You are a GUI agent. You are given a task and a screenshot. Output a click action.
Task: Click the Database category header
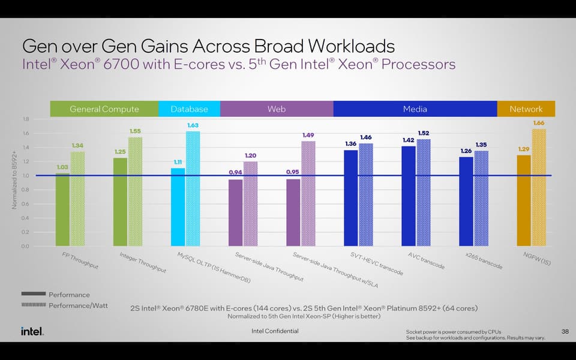tap(189, 109)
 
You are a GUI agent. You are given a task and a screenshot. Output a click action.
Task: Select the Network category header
tap(526, 109)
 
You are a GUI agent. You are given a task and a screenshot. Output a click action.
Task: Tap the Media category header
tap(415, 109)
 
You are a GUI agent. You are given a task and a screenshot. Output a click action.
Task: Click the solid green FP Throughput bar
tap(62, 209)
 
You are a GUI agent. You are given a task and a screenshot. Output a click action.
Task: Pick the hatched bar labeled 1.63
tap(193, 188)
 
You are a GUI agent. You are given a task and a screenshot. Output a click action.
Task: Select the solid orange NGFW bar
tap(524, 200)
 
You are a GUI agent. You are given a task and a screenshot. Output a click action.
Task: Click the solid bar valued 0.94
tap(236, 212)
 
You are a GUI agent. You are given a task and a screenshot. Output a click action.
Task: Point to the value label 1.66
tap(539, 123)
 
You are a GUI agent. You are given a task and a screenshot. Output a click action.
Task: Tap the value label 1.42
tap(409, 140)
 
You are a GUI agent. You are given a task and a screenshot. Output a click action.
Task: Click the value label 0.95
tap(293, 173)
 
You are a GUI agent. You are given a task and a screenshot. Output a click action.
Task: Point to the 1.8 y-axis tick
tap(26, 119)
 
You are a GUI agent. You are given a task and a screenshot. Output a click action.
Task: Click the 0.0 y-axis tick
tap(26, 246)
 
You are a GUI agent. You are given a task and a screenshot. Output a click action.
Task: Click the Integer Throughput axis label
tap(142, 263)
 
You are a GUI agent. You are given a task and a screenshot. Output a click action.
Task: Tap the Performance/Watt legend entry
tap(78, 305)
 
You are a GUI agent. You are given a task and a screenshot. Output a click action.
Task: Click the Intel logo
tap(32, 331)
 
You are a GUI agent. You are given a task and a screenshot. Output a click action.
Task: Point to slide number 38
tap(565, 331)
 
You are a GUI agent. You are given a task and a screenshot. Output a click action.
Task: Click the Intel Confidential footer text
tap(275, 331)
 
